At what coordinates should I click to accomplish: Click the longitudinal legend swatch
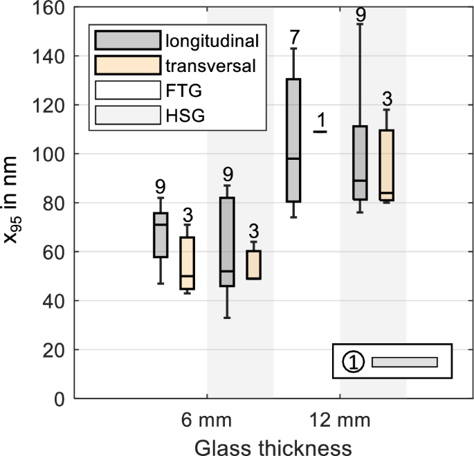(128, 41)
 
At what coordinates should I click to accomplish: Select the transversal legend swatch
(128, 66)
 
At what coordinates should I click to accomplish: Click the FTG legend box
(128, 91)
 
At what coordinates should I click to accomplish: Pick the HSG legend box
(128, 115)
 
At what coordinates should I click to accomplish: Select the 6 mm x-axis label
(207, 421)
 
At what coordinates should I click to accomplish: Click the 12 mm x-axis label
(340, 421)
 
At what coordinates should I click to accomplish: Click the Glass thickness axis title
(273, 446)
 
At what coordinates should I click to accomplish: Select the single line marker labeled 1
(320, 131)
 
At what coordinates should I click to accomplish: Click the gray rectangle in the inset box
(405, 362)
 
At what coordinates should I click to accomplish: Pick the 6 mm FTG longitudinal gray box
(161, 235)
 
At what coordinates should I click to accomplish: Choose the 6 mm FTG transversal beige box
(187, 263)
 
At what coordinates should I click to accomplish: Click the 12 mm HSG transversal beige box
(386, 165)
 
